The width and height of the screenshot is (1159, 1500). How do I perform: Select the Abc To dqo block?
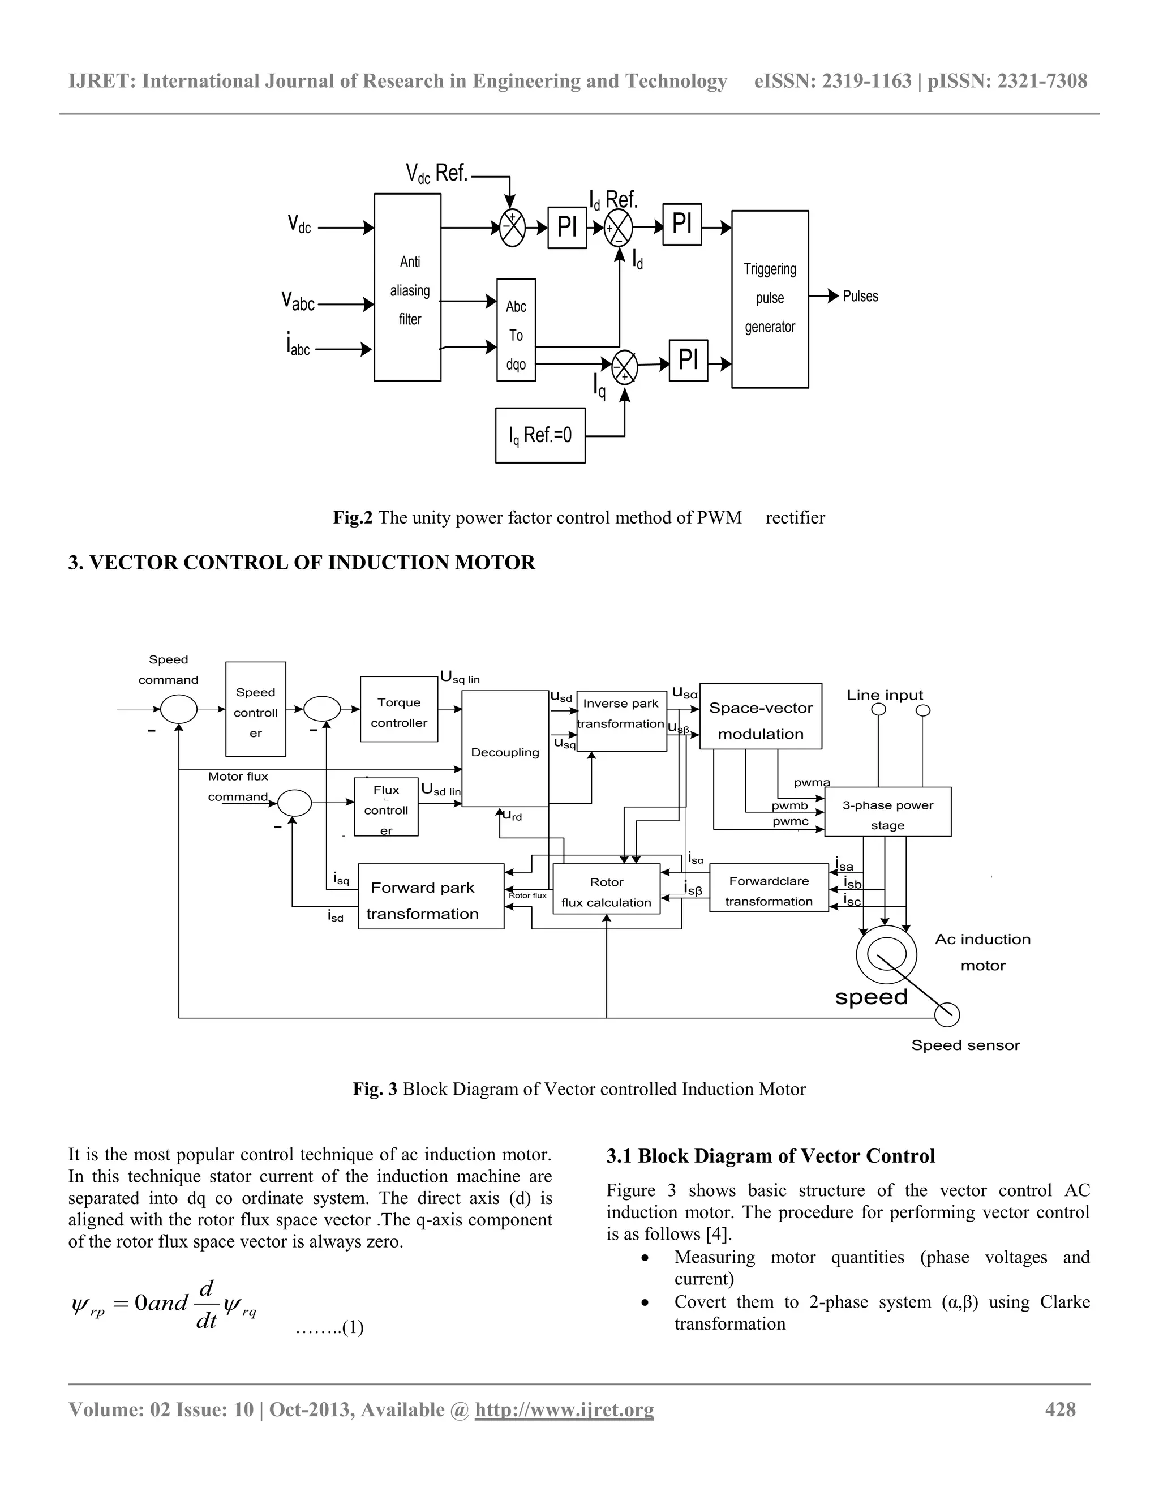tap(516, 331)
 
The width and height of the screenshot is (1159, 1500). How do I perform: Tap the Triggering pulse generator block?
tap(770, 299)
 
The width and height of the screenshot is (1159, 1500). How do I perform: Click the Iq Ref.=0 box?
tap(540, 435)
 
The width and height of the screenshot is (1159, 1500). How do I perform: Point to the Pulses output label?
tap(860, 296)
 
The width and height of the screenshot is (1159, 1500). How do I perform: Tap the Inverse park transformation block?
tap(621, 721)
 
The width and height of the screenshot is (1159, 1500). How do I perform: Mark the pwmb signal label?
tap(789, 805)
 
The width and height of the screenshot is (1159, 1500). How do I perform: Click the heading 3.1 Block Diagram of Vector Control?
tap(770, 1156)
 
